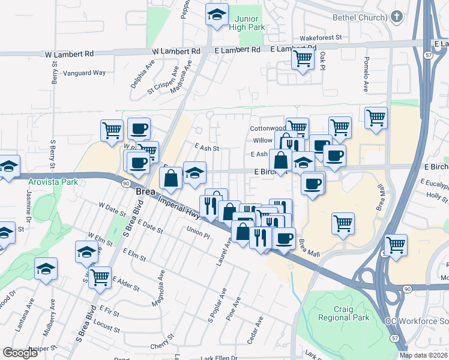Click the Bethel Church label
(x=360, y=17)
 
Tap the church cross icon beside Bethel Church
(x=396, y=17)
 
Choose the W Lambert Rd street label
(x=71, y=54)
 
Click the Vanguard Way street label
(x=88, y=73)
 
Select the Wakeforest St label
(x=321, y=37)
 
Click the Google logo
(x=20, y=353)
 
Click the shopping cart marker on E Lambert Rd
(x=303, y=59)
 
